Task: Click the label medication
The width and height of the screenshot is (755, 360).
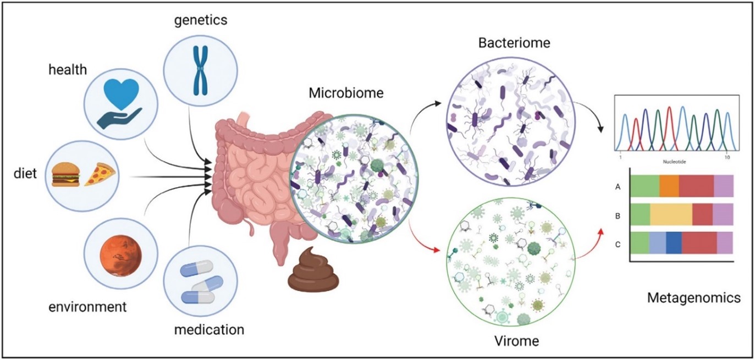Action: (209, 330)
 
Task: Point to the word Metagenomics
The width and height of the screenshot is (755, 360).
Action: (693, 298)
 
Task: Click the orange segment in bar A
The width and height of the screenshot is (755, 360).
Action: (669, 186)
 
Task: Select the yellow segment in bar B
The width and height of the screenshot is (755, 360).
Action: (670, 214)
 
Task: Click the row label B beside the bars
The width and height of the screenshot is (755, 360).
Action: (618, 215)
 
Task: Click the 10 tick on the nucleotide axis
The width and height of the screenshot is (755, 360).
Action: (727, 157)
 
